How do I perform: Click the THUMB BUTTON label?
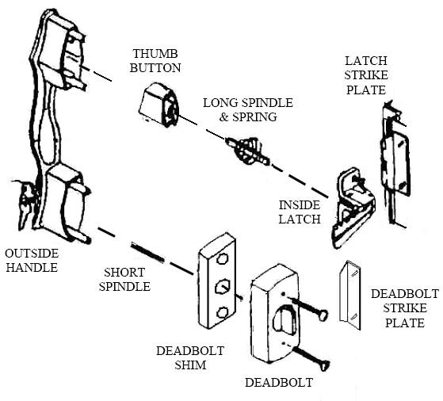click(155, 61)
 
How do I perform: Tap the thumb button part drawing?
click(158, 105)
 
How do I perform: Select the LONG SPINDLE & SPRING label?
click(248, 109)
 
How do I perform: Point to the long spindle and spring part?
click(248, 151)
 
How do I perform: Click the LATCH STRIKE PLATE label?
click(366, 75)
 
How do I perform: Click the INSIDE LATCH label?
click(300, 212)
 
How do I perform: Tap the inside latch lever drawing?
click(353, 208)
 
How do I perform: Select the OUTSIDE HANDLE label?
click(32, 260)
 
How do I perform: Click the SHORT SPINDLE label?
click(124, 280)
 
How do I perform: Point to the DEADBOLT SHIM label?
click(190, 357)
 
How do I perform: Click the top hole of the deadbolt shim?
click(223, 258)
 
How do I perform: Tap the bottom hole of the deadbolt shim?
click(223, 313)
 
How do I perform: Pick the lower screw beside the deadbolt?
click(312, 358)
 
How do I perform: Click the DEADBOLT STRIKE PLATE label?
click(405, 308)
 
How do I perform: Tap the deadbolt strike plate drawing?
click(350, 295)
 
